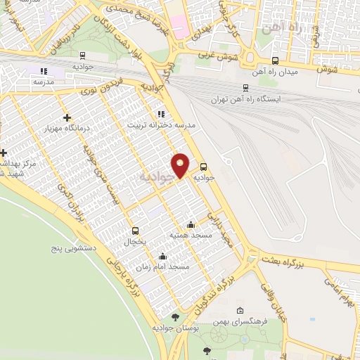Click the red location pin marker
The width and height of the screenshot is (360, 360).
pyautogui.click(x=181, y=165)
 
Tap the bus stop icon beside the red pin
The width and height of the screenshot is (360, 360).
pyautogui.click(x=204, y=167)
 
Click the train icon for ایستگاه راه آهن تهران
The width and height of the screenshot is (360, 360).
pyautogui.click(x=245, y=88)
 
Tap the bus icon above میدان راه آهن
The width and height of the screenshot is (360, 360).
pyautogui.click(x=275, y=61)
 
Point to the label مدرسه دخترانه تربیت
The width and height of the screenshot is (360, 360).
pyautogui.click(x=160, y=124)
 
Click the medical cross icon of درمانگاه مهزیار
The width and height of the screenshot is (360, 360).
pyautogui.click(x=67, y=117)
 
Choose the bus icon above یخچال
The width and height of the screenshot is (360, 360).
pyautogui.click(x=136, y=230)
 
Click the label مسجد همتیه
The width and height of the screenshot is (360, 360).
pyautogui.click(x=186, y=235)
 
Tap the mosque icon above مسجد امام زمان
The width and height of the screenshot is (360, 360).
pyautogui.click(x=163, y=256)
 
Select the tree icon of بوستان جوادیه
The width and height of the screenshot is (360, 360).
pyautogui.click(x=165, y=317)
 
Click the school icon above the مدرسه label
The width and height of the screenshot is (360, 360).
pyautogui.click(x=44, y=71)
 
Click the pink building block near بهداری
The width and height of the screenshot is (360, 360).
pyautogui.click(x=180, y=31)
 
